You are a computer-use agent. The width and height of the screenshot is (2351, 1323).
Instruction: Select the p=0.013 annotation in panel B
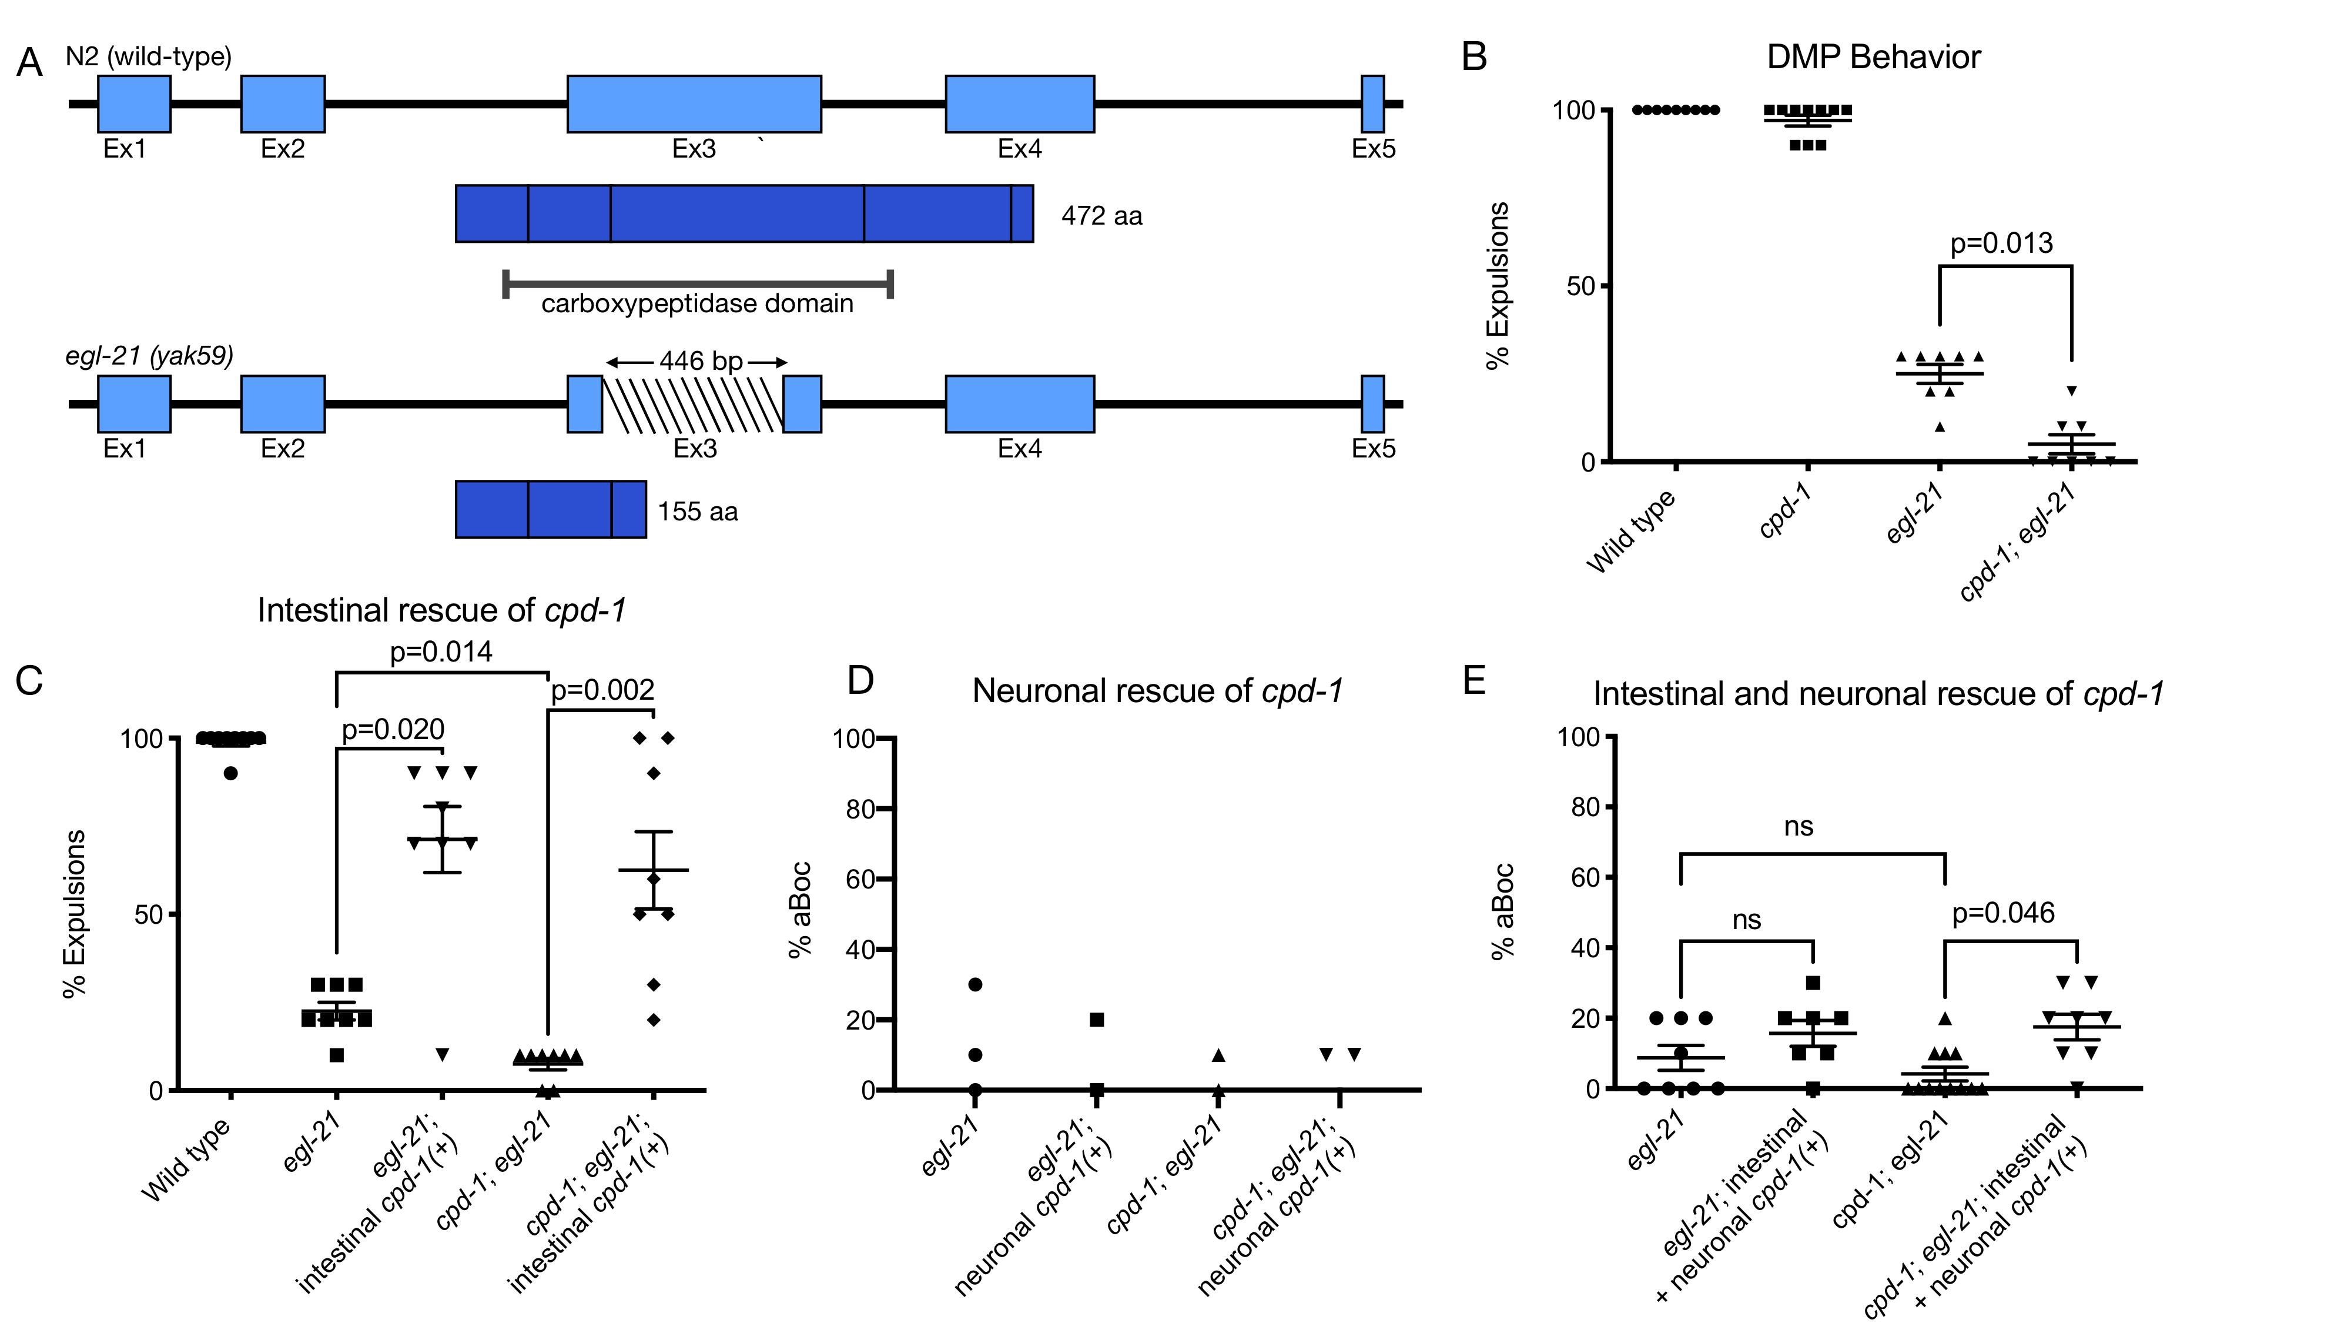[2001, 244]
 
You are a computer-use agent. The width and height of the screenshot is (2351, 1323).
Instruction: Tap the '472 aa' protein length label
[1101, 216]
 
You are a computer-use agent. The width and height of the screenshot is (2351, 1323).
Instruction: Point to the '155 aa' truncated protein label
[697, 512]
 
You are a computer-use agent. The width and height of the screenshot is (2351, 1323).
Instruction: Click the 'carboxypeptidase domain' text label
[697, 304]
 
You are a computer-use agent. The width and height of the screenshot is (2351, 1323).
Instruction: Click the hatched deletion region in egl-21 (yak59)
[693, 403]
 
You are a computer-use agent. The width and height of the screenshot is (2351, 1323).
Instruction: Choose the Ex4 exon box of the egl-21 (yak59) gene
[1019, 403]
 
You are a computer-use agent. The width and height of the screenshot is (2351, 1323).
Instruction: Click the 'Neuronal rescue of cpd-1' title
[1157, 691]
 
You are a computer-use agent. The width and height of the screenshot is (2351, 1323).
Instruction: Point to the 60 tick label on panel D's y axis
[860, 879]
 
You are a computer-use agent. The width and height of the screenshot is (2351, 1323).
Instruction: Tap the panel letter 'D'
[860, 680]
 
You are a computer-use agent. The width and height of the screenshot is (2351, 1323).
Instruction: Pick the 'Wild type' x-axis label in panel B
[1631, 532]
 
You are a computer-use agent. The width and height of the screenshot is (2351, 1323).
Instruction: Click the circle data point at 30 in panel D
[974, 984]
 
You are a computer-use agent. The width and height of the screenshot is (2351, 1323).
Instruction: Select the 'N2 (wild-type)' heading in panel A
[149, 56]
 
